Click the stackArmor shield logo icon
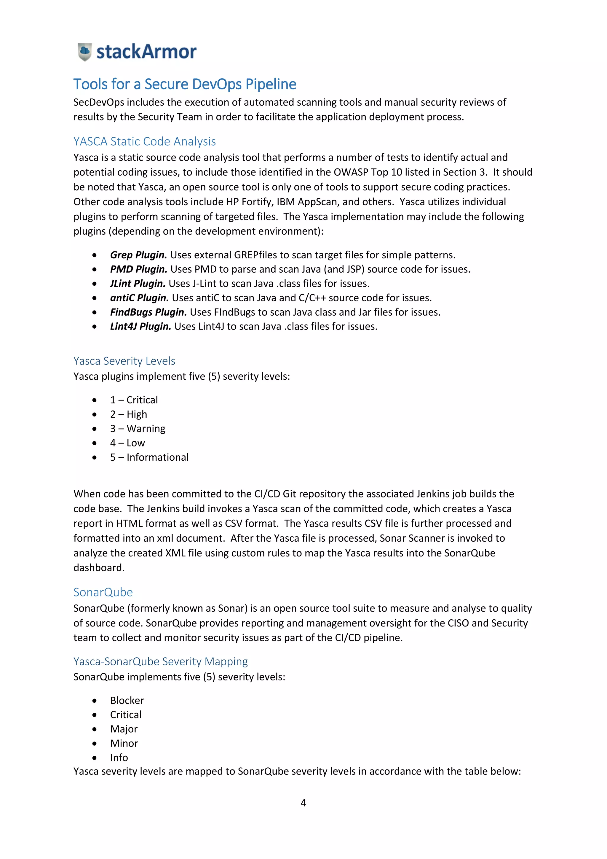pos(85,52)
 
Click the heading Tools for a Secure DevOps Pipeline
pos(185,84)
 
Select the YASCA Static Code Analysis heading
pos(145,141)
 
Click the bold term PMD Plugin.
pos(138,269)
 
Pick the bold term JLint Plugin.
pos(138,284)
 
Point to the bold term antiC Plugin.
pos(139,298)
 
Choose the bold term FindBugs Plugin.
pos(148,312)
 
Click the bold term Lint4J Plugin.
pos(140,327)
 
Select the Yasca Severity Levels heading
pos(124,361)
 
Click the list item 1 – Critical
pos(134,400)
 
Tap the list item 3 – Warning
pos(138,429)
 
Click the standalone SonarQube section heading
pos(103,592)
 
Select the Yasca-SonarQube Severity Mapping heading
pos(160,661)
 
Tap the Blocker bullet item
pos(127,700)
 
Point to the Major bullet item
pos(124,729)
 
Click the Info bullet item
pos(119,758)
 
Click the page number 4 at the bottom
pos(303,803)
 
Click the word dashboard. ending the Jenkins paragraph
pos(99,568)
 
